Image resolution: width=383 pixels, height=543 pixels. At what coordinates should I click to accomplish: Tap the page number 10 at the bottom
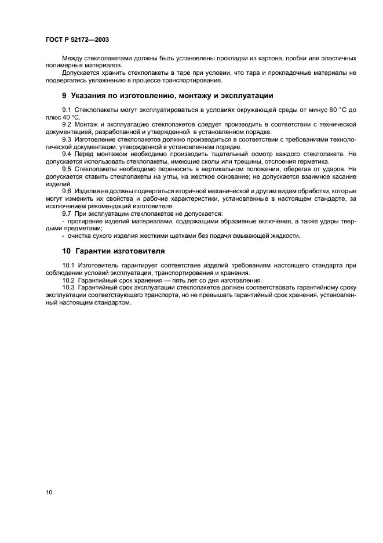49,493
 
